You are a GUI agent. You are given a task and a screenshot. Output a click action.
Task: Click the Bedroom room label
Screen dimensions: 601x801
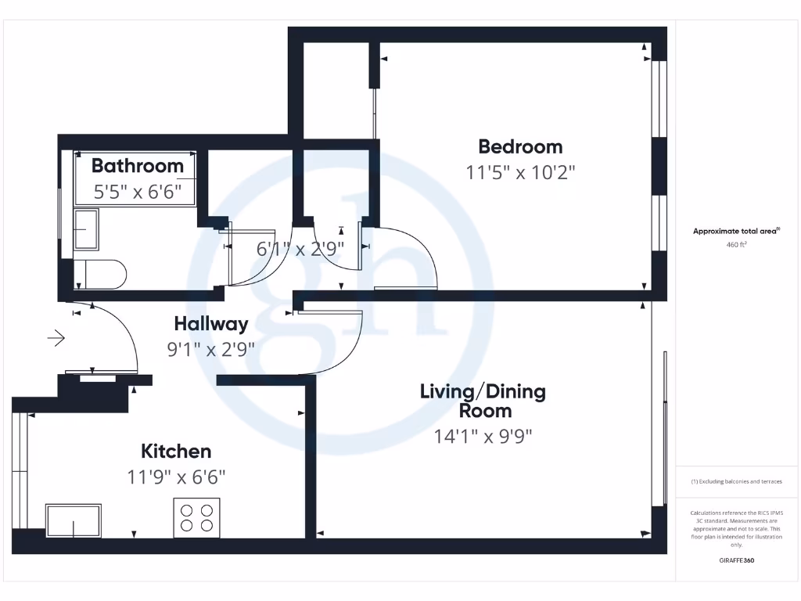pyautogui.click(x=520, y=146)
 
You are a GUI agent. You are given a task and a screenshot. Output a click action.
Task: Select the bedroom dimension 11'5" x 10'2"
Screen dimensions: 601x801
pyautogui.click(x=520, y=173)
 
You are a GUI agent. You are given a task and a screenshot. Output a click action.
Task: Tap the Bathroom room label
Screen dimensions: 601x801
pyautogui.click(x=138, y=165)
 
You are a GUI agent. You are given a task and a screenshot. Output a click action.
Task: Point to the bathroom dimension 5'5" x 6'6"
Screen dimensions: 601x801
pyautogui.click(x=138, y=192)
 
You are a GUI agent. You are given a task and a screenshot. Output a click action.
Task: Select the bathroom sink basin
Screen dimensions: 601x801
pyautogui.click(x=85, y=229)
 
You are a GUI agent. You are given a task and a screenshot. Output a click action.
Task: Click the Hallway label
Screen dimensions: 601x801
pyautogui.click(x=210, y=323)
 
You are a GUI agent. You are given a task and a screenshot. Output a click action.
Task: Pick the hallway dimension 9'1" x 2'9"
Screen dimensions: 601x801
pyautogui.click(x=210, y=349)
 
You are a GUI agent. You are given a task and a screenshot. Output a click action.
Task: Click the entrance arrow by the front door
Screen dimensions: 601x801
pyautogui.click(x=56, y=338)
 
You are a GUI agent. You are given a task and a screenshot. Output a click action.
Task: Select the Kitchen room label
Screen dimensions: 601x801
pyautogui.click(x=176, y=451)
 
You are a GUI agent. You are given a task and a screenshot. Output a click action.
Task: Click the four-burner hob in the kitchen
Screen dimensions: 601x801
pyautogui.click(x=196, y=517)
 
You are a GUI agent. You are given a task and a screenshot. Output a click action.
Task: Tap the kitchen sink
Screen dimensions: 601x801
pyautogui.click(x=74, y=520)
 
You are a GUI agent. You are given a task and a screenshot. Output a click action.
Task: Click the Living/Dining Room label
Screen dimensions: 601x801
pyautogui.click(x=483, y=400)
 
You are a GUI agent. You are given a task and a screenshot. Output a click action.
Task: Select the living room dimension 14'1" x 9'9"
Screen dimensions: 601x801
pyautogui.click(x=483, y=437)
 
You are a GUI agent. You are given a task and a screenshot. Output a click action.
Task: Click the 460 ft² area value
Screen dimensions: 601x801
pyautogui.click(x=737, y=245)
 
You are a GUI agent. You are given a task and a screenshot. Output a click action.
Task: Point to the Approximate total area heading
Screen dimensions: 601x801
pyautogui.click(x=736, y=231)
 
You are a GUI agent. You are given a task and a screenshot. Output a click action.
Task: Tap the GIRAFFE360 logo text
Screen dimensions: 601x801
pyautogui.click(x=736, y=560)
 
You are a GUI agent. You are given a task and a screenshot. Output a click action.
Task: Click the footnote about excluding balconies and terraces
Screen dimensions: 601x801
pyautogui.click(x=736, y=481)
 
